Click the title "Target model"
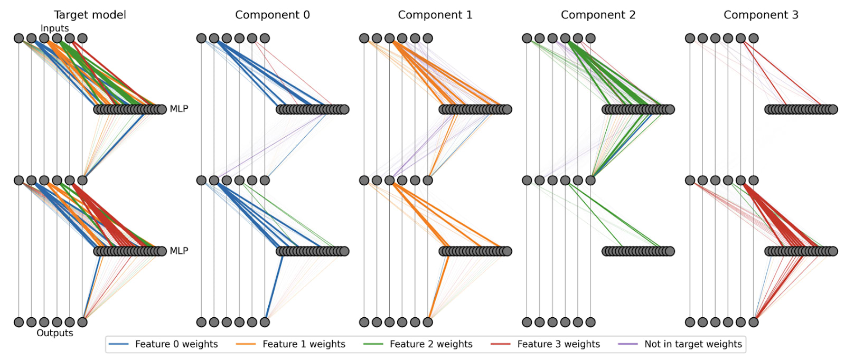pos(90,15)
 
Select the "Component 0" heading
pos(273,15)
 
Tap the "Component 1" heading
pos(435,15)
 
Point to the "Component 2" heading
pos(598,15)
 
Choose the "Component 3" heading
pos(760,15)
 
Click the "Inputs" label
pos(54,28)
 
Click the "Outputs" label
pos(54,333)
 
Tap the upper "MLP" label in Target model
pos(179,109)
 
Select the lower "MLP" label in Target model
pos(179,251)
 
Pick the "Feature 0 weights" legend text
pos(176,344)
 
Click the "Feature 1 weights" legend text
pos(304,344)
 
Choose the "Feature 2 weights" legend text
pos(431,344)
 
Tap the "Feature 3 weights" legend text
pos(558,344)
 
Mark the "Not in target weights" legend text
pos(693,344)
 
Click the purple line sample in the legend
pos(628,344)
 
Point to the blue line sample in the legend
pos(119,344)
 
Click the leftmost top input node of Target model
pos(19,38)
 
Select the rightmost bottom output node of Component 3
pos(754,322)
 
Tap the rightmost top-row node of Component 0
pos(265,38)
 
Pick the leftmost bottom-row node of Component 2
pos(527,322)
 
